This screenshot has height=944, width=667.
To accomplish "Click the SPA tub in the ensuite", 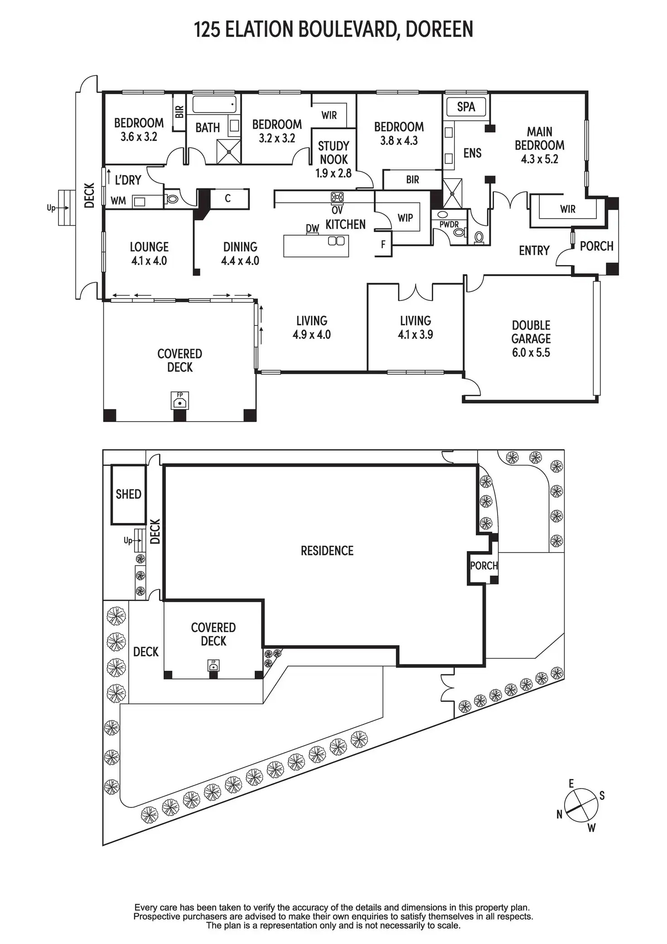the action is [466, 107].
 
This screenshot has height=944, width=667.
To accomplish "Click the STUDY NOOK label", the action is [334, 153].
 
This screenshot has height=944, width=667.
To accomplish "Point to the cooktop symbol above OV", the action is [337, 197].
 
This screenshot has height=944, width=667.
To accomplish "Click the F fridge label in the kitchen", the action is [383, 245].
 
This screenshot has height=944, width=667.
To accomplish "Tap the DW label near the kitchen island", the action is [313, 228].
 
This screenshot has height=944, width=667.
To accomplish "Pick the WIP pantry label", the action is [405, 218].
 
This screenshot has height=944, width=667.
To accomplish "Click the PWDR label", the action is [449, 225].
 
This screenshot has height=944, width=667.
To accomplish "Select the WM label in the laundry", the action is [118, 201].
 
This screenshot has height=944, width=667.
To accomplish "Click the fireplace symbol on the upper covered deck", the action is [180, 401].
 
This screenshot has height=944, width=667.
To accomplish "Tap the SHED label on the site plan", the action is [129, 494].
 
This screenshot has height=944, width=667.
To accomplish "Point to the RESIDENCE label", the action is [327, 551].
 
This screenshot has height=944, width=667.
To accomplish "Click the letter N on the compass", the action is [560, 814].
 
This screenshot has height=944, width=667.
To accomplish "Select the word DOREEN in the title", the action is [439, 29].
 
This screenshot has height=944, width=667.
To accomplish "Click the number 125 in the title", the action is [207, 29].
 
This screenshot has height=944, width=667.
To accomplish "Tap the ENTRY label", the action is [534, 251].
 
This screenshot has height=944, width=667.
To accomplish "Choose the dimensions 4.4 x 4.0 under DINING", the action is [240, 261].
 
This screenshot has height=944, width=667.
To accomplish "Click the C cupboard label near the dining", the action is [228, 198].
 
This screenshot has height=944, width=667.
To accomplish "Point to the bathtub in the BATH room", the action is [214, 104].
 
